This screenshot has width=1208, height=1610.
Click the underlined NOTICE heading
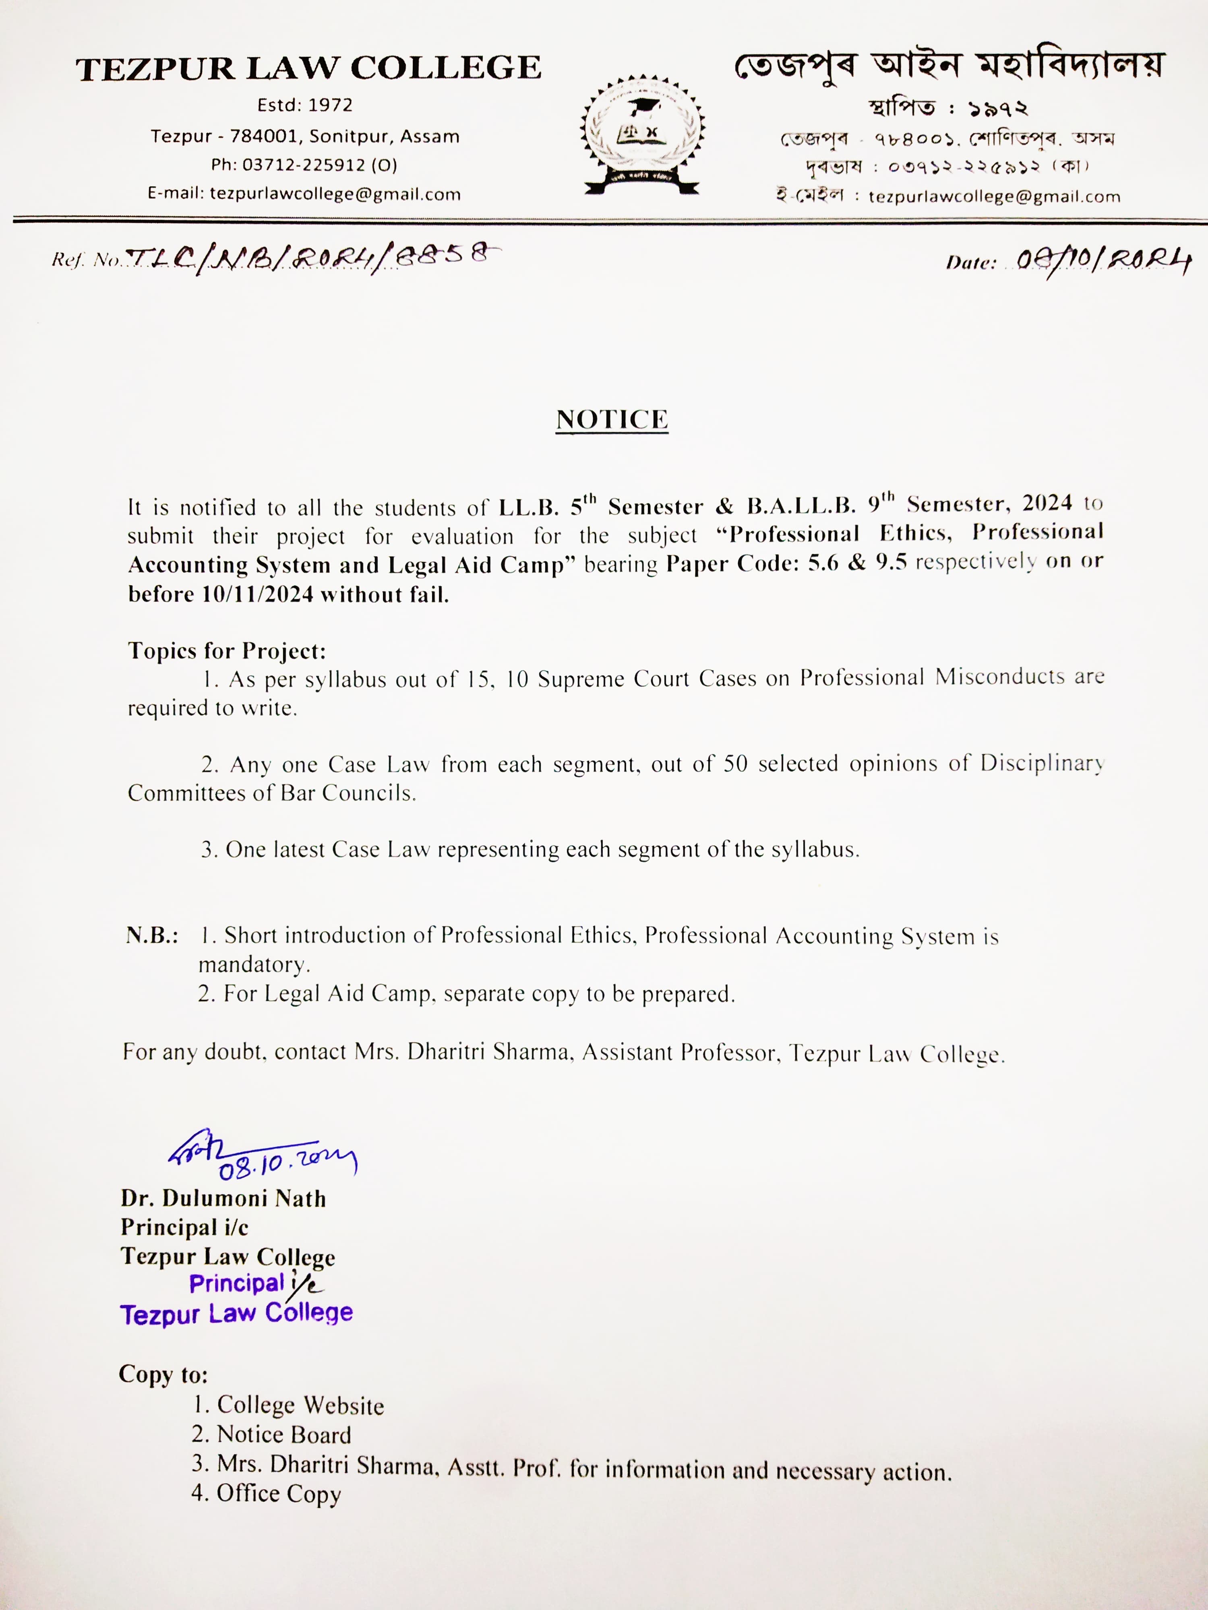[x=612, y=420]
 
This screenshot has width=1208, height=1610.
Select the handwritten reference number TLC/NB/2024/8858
[x=313, y=258]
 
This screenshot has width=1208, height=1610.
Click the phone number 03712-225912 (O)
[x=304, y=165]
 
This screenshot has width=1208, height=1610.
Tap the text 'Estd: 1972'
[x=304, y=105]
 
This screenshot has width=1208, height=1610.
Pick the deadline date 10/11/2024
[x=258, y=594]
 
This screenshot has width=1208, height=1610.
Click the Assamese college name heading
[x=949, y=67]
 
